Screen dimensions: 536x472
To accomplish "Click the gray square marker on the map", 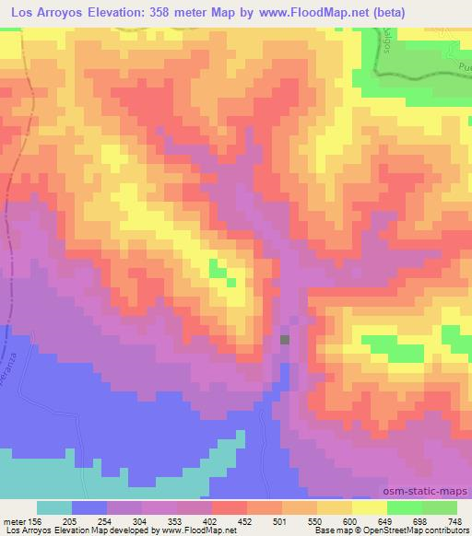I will [x=285, y=340].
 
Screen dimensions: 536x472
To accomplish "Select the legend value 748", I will [x=456, y=520].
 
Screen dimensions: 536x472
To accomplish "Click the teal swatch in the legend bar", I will [x=54, y=507].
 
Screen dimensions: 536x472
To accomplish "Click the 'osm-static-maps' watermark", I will [x=427, y=492].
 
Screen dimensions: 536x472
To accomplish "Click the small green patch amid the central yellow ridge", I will [x=218, y=270].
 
